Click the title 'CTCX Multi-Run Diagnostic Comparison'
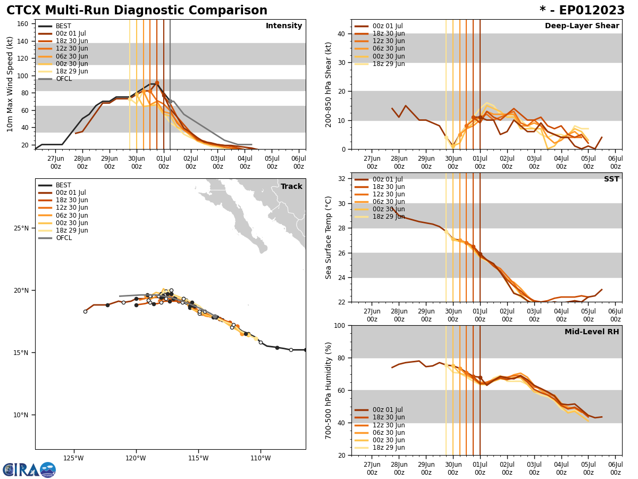coord(137,11)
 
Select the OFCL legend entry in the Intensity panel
coord(63,79)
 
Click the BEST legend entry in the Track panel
coord(63,185)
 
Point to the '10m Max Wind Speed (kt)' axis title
coord(10,84)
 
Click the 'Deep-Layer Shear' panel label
coord(582,26)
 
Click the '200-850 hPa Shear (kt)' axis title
coord(329,84)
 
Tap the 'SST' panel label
coord(611,179)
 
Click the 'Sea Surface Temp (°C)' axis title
coord(329,237)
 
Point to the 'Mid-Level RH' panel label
coord(591,332)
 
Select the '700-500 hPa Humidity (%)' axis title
coord(329,390)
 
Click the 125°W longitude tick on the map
coord(73,458)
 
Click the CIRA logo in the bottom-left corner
coord(29,469)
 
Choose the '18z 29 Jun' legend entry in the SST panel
coord(389,217)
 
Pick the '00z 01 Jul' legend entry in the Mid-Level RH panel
coord(389,410)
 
